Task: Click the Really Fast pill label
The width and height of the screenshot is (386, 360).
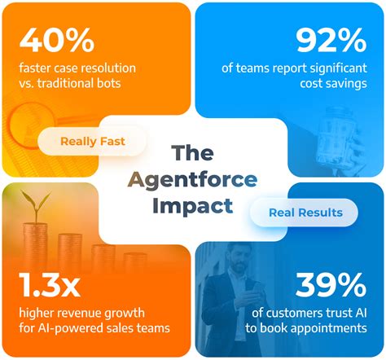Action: (92, 141)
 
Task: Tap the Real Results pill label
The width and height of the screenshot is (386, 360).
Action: (306, 213)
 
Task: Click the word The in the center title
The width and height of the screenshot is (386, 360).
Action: (193, 152)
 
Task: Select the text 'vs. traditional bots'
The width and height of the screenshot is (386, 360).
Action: (70, 84)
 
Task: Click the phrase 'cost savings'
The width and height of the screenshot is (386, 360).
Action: (336, 84)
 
